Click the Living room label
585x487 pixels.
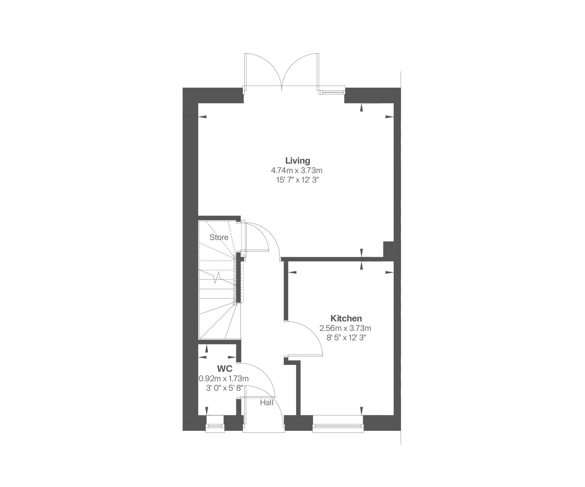(297, 161)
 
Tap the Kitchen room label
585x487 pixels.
(346, 318)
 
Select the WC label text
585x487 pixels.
(225, 369)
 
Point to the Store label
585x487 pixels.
(219, 237)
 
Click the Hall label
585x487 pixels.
(266, 403)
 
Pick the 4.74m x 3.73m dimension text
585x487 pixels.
(297, 170)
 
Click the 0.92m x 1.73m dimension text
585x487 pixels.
(224, 379)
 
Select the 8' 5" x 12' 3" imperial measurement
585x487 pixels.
(346, 338)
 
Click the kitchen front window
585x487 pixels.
(338, 423)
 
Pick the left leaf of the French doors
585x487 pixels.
(263, 70)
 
